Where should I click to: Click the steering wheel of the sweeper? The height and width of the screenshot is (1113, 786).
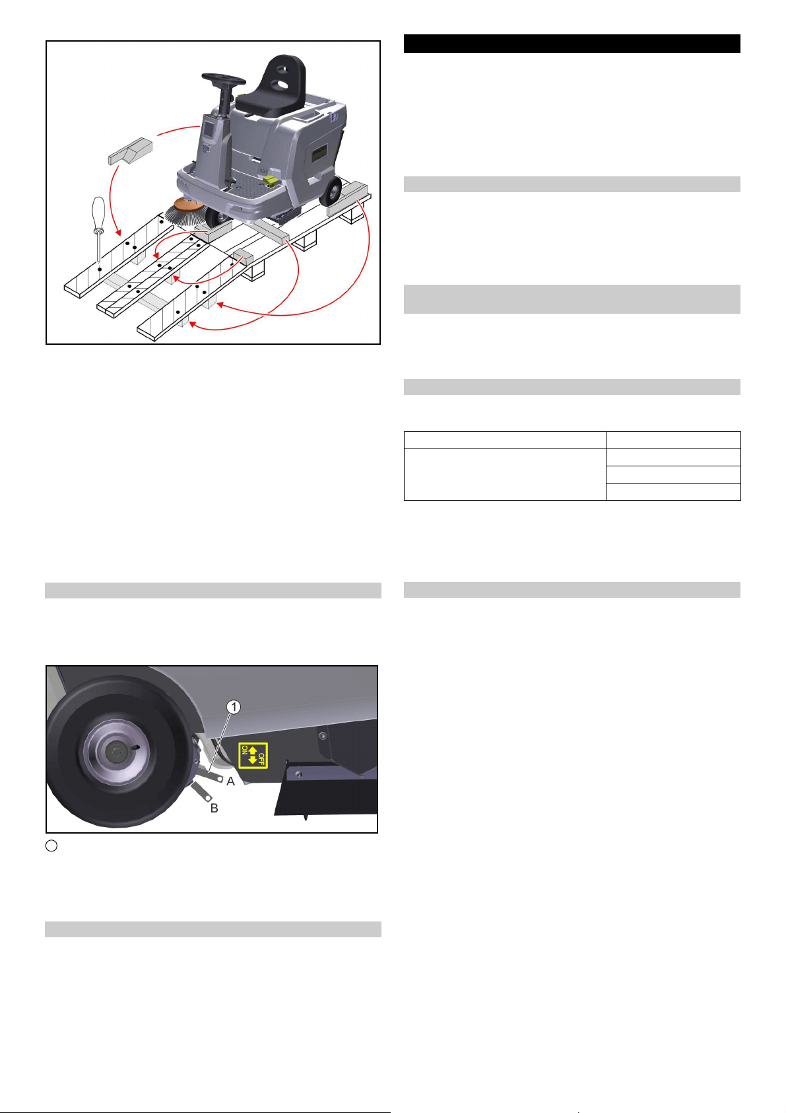pyautogui.click(x=224, y=79)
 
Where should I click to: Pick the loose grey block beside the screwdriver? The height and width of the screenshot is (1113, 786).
pyautogui.click(x=130, y=151)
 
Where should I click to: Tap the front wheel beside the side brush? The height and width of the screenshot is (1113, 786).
pyautogui.click(x=216, y=217)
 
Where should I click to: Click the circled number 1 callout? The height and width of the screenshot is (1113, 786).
pyautogui.click(x=234, y=707)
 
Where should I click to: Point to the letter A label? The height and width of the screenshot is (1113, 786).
pyautogui.click(x=230, y=781)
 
